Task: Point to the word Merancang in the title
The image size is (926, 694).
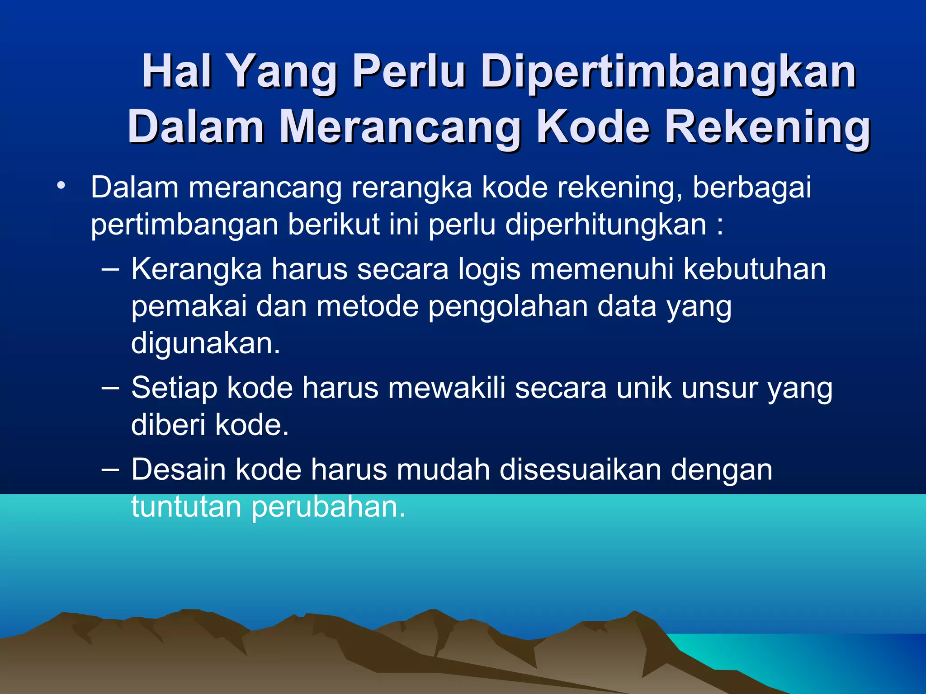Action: (400, 127)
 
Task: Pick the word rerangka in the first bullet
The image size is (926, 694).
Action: (411, 188)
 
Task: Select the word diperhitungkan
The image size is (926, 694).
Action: (605, 225)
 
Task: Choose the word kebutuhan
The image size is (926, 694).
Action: (755, 270)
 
